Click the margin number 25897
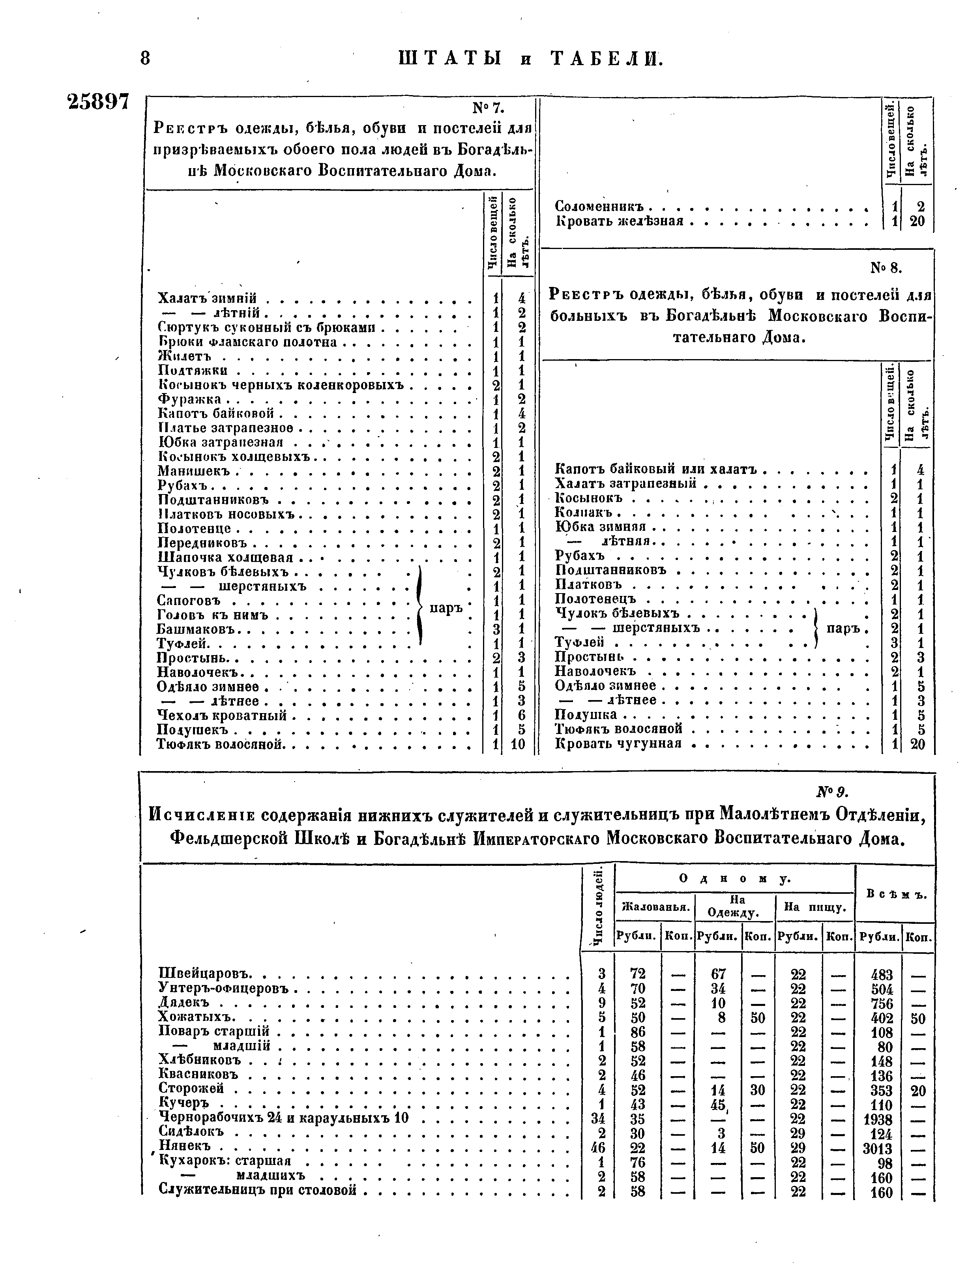pos(98,101)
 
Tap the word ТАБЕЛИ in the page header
pos(607,59)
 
